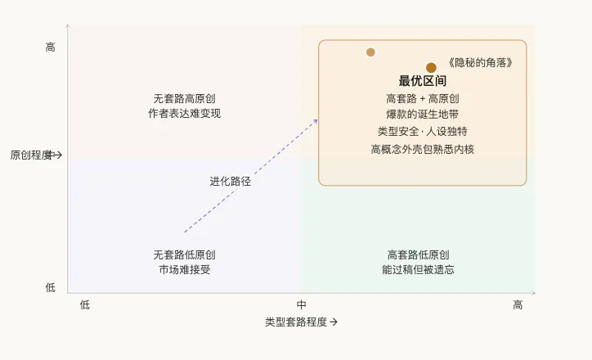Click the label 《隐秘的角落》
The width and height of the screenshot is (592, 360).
point(481,63)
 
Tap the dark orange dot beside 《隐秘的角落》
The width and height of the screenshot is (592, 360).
point(431,67)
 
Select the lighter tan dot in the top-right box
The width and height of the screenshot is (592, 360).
point(370,52)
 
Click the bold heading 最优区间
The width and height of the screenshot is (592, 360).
point(423,81)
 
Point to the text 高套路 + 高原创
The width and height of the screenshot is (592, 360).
point(423,98)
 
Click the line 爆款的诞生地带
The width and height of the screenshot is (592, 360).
point(423,115)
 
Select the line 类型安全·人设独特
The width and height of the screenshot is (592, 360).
point(423,132)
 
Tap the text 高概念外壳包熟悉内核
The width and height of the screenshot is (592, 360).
point(423,149)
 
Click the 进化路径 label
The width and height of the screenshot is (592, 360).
point(230,182)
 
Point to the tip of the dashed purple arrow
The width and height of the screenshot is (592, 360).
point(317,119)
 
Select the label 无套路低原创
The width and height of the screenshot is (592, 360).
point(184,254)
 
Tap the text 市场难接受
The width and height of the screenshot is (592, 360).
point(184,270)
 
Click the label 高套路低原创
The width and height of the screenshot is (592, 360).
point(418,254)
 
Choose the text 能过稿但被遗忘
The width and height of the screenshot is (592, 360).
point(418,270)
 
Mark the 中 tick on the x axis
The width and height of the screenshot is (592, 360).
point(301,305)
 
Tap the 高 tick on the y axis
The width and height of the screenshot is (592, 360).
point(51,48)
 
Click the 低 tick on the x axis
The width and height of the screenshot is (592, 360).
point(85,305)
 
